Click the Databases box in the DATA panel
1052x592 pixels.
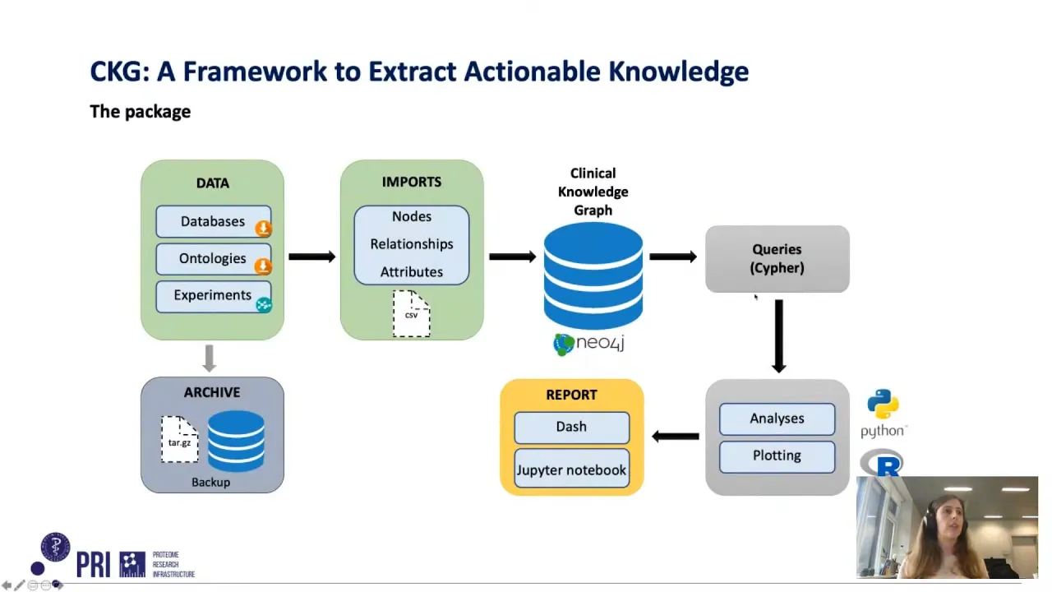(x=212, y=221)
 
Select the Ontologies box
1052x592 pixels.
(x=212, y=258)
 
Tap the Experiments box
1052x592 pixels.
(x=212, y=295)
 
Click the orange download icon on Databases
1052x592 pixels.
(x=263, y=229)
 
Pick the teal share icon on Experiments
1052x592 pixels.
(x=263, y=305)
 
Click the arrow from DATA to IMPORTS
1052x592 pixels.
(x=311, y=257)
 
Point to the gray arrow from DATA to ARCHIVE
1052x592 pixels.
(x=209, y=358)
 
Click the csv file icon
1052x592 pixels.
(x=411, y=313)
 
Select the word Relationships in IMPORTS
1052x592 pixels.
(x=411, y=244)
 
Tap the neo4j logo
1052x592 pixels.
(x=589, y=344)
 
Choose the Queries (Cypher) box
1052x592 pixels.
(x=777, y=258)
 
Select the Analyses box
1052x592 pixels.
(x=777, y=419)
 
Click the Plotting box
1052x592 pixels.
(x=777, y=456)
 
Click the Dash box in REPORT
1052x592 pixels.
(x=571, y=427)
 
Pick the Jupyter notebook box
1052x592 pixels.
(x=571, y=470)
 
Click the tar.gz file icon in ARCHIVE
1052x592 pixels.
(x=179, y=438)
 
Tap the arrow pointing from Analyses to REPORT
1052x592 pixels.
(x=675, y=436)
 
